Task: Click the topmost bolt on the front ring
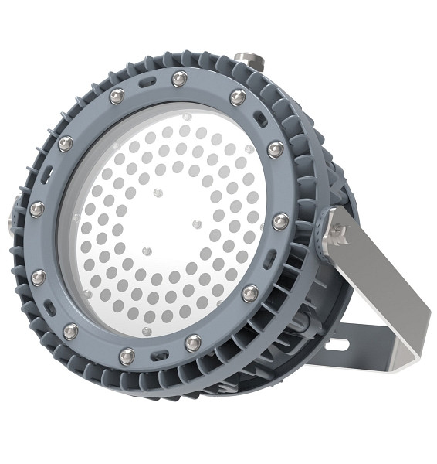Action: point(180,78)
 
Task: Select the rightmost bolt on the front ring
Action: point(280,222)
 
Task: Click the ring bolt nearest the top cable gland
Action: point(238,97)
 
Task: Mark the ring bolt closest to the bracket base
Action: point(250,293)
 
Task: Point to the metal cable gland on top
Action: point(249,59)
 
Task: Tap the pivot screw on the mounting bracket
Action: point(337,230)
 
